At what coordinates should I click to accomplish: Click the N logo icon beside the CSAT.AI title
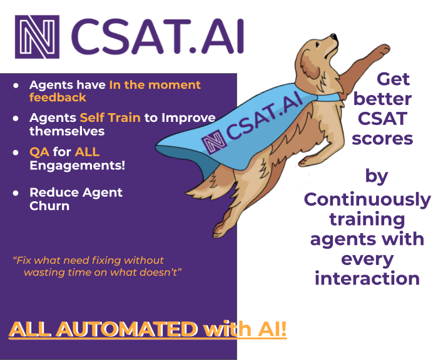[38, 37]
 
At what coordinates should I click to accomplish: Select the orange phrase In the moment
[155, 85]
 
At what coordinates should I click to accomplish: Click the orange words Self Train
[110, 118]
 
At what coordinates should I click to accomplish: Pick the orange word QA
[39, 152]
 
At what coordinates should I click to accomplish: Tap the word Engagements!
[77, 165]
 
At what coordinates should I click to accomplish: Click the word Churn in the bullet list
[49, 206]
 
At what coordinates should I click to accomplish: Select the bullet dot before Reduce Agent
[16, 192]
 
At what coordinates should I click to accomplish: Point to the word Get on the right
[393, 79]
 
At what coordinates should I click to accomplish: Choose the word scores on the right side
[382, 138]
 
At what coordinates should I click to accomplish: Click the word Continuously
[367, 199]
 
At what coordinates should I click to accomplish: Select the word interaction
[367, 278]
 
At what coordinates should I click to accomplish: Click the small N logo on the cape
[213, 142]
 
